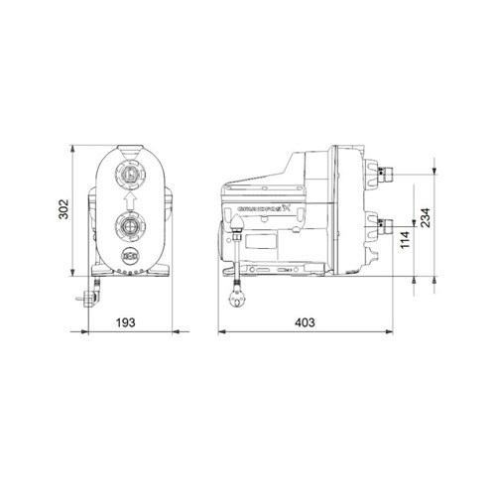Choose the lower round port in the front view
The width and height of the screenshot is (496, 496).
[128, 226]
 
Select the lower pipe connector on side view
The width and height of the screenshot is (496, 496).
[390, 225]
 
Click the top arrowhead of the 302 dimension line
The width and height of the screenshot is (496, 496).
[76, 148]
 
